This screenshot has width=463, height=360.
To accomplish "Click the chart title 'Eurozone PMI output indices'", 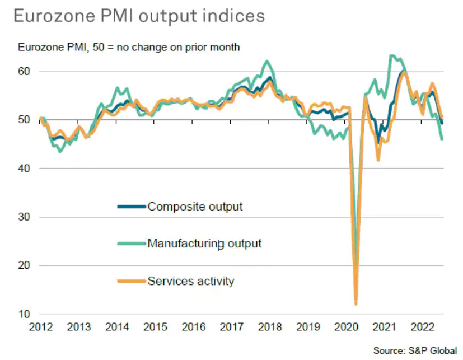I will click(x=138, y=16).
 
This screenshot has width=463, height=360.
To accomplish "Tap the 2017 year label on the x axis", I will click(x=232, y=326).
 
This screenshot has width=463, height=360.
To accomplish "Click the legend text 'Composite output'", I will click(x=195, y=207).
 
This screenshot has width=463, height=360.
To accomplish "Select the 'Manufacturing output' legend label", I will click(x=204, y=244).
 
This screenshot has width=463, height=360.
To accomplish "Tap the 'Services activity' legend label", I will click(x=190, y=281).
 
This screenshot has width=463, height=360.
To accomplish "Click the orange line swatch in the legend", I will click(x=132, y=281).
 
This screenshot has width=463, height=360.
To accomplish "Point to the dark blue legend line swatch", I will click(x=132, y=207).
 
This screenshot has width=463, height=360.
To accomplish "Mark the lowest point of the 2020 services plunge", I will click(x=356, y=304).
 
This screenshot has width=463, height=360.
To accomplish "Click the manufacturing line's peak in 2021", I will click(x=392, y=56).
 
